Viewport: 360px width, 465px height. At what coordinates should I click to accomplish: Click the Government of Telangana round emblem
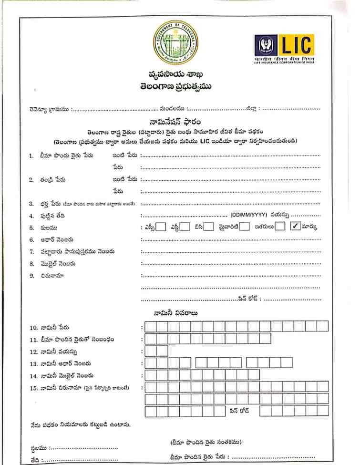point(175,43)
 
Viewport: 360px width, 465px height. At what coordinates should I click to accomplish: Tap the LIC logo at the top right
point(284,49)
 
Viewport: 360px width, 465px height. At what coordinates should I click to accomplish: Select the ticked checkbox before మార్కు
point(295,227)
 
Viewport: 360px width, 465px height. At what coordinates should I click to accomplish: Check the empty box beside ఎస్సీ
point(162,227)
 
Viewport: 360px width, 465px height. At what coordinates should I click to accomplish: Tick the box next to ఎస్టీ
point(185,227)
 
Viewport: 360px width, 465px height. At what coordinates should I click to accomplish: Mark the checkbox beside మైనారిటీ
point(245,227)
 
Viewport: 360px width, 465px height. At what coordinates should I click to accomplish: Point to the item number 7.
point(31,251)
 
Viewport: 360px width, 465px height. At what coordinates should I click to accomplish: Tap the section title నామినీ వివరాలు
point(176,313)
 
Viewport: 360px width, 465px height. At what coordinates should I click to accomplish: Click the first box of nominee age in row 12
point(150,351)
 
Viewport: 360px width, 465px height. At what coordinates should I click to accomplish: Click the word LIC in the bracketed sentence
point(206,141)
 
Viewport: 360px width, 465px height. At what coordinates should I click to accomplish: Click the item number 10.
point(33,328)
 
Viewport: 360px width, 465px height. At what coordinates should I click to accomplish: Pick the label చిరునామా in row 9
point(52,276)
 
